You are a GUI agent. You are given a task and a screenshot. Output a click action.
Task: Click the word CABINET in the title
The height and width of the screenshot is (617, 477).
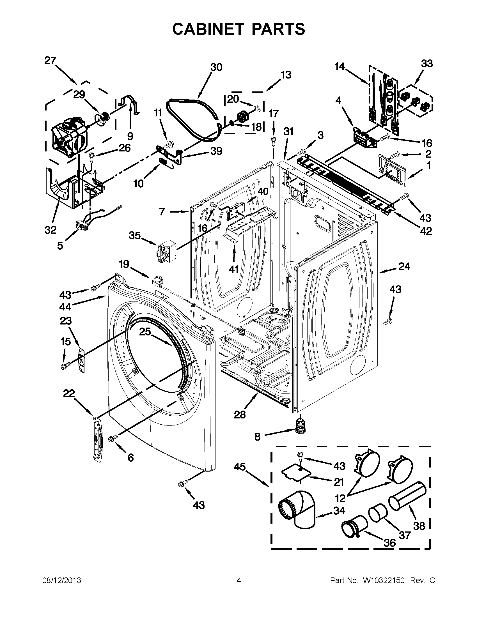(x=208, y=29)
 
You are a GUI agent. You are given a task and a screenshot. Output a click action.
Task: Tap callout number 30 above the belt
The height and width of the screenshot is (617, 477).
(x=216, y=67)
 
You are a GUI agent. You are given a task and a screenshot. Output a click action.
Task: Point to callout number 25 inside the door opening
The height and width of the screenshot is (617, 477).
(x=145, y=332)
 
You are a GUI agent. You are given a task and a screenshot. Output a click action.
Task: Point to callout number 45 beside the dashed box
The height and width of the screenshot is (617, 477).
(x=240, y=467)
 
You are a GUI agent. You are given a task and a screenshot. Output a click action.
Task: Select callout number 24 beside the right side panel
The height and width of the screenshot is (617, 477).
(x=404, y=266)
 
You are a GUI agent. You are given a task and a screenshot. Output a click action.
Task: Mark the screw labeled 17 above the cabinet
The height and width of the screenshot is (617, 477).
(x=273, y=140)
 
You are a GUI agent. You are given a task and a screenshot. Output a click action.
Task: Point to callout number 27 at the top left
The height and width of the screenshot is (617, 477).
(x=50, y=61)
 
